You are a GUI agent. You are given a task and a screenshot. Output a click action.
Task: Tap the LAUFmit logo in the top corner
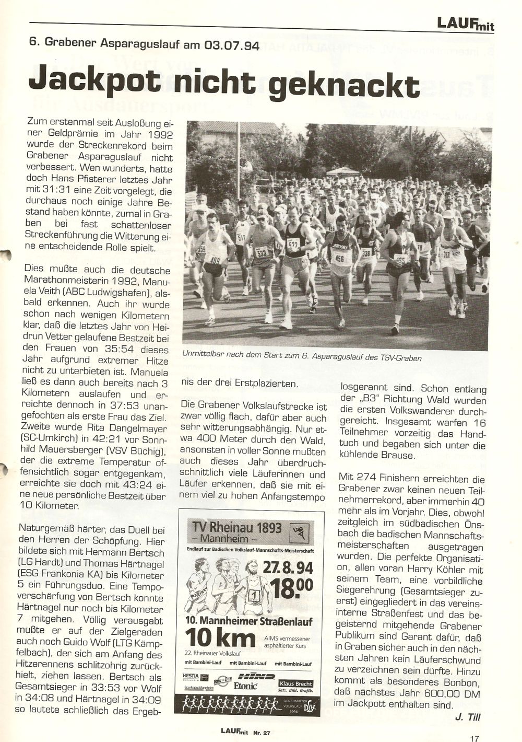[466, 24]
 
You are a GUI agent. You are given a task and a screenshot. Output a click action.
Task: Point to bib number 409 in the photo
[215, 260]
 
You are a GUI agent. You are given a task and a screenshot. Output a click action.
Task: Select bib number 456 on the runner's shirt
[339, 258]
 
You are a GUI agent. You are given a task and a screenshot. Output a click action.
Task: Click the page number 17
[474, 738]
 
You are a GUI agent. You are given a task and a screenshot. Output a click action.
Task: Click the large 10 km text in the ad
[220, 639]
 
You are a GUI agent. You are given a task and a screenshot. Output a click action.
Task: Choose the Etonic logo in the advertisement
[247, 686]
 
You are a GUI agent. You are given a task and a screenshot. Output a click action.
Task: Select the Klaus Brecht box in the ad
[295, 685]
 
